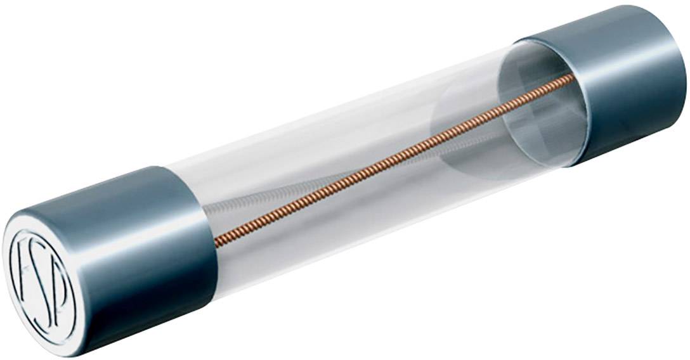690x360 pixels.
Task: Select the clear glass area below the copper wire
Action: [381, 209]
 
